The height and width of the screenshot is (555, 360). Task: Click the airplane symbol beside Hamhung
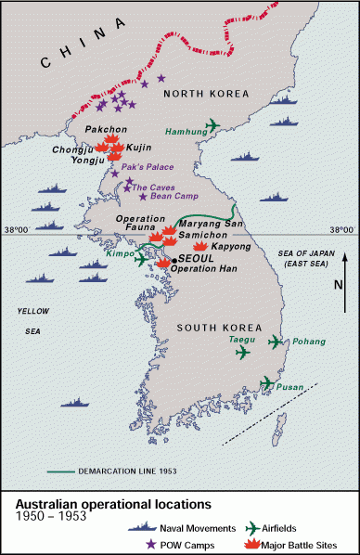(x=213, y=125)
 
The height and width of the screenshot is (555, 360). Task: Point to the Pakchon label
(x=103, y=129)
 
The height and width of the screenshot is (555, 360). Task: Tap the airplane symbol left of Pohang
(x=276, y=342)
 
